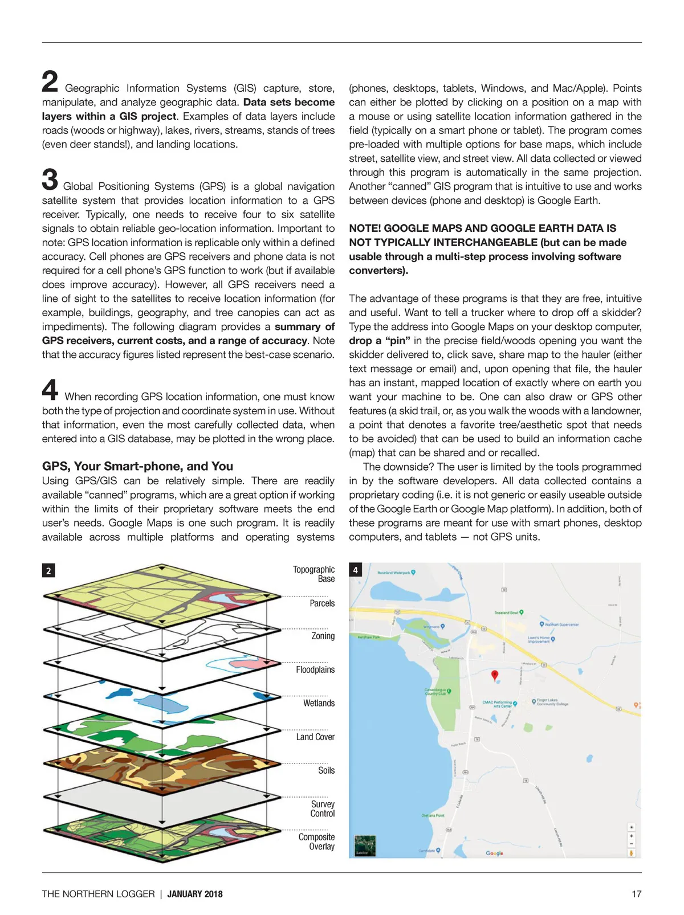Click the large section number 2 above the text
tap(50, 81)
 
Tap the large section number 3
tap(50, 179)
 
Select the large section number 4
tap(50, 390)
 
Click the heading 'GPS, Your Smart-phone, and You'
tap(137, 466)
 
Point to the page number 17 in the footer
tap(636, 894)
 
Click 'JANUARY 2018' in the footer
tap(195, 894)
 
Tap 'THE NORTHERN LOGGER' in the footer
tap(98, 894)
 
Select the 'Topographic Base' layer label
tap(314, 574)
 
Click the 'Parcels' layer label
tap(322, 603)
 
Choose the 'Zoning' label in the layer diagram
tap(323, 636)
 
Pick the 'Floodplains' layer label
tap(315, 669)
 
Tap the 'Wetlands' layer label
tap(319, 703)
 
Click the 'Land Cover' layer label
tap(315, 737)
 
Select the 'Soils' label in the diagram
tap(326, 770)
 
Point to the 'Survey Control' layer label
tap(323, 808)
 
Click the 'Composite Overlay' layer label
tap(317, 842)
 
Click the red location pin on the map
tap(495, 675)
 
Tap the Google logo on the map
tap(494, 853)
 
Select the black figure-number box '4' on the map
tap(356, 570)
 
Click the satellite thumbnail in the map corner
tap(365, 845)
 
